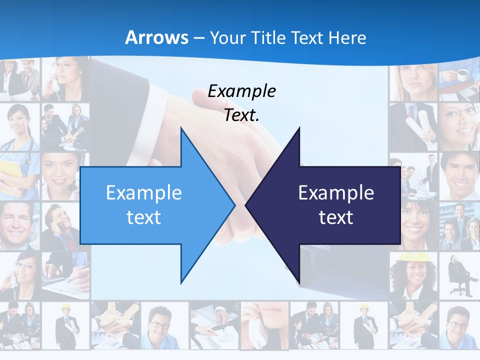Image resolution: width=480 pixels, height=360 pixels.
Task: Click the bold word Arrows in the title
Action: tap(157, 37)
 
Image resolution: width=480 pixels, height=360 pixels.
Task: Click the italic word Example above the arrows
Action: tap(241, 91)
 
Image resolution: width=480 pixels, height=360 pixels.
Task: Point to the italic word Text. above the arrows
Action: tap(241, 115)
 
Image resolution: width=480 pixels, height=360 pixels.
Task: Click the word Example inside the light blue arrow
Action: tap(143, 192)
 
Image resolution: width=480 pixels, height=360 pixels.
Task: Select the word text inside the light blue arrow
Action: tap(143, 217)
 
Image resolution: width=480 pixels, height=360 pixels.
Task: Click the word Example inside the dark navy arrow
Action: tap(336, 192)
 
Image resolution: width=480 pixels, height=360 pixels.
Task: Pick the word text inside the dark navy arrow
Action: tap(336, 217)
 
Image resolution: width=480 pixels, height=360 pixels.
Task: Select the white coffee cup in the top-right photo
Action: tap(462, 75)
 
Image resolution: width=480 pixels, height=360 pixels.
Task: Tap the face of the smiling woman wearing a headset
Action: tap(58, 170)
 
